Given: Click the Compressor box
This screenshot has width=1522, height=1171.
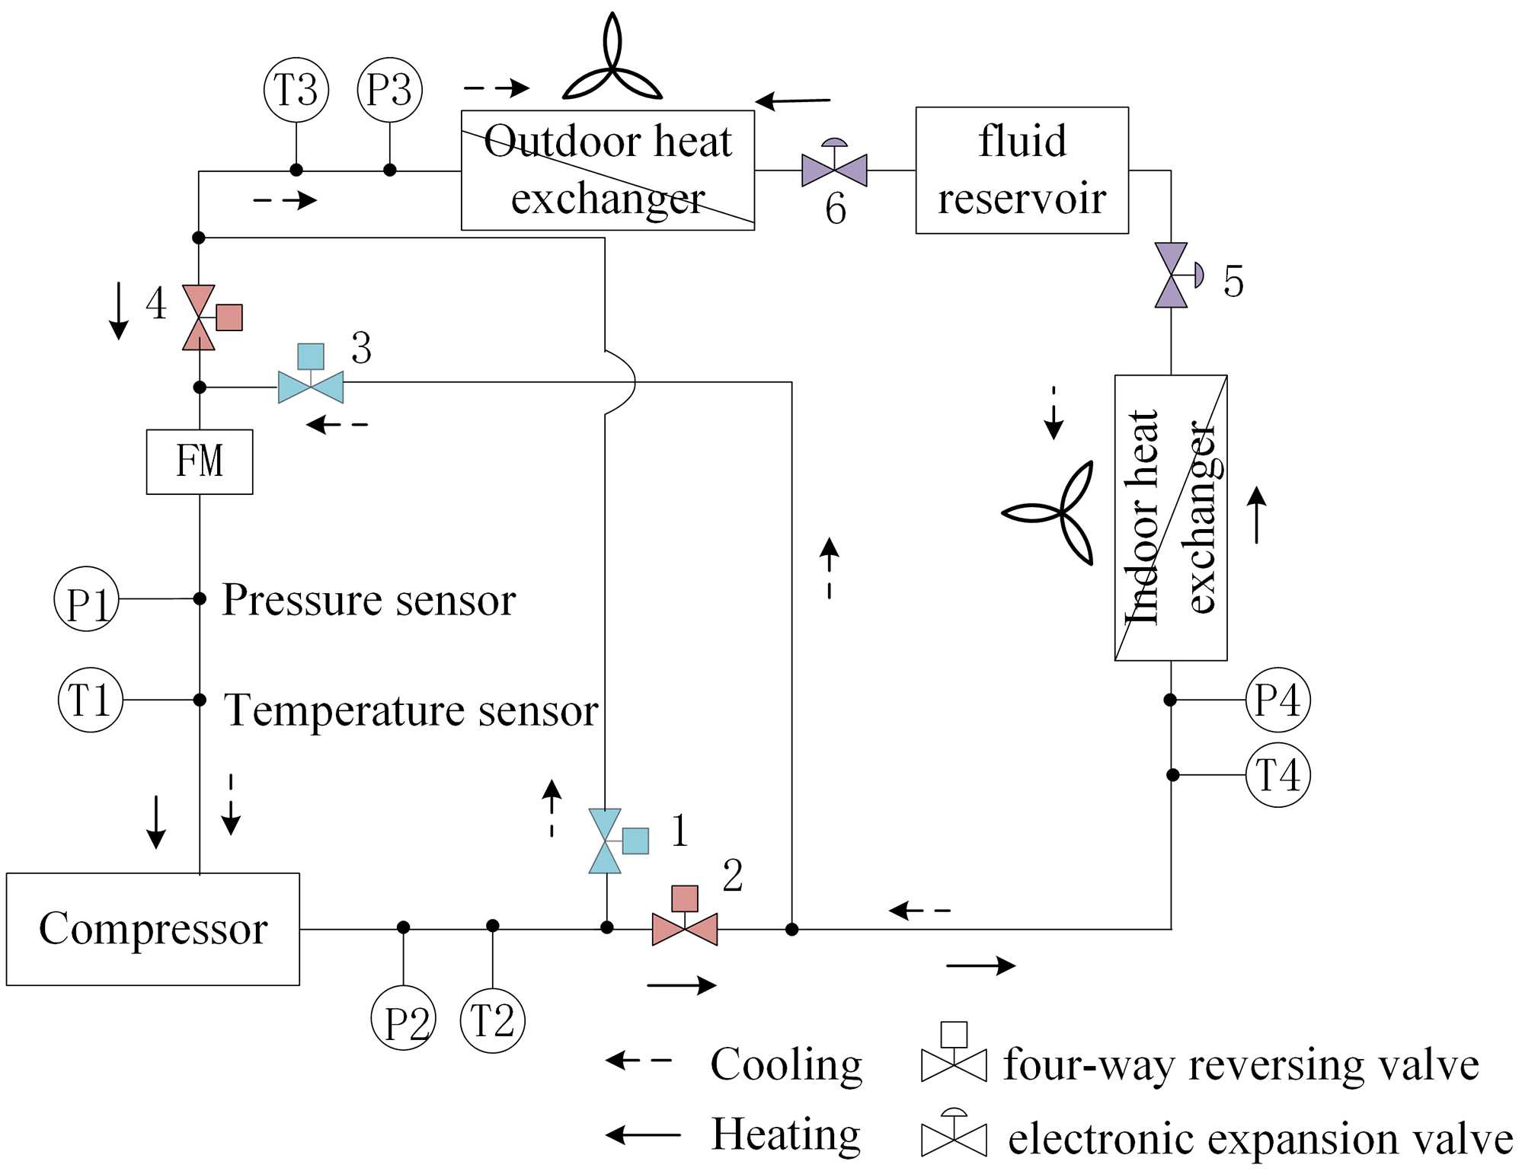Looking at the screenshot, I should pos(152,929).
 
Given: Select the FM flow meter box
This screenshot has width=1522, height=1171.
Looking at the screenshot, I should pos(200,461).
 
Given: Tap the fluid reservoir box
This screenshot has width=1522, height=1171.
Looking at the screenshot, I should pos(1022,170).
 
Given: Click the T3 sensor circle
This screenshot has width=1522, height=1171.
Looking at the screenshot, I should pos(296,90).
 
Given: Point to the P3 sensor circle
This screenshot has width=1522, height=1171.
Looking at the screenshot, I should pos(389,90).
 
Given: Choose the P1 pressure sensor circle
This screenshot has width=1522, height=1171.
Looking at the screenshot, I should pos(87,599).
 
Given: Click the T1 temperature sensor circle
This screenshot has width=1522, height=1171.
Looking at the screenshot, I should pos(91,700).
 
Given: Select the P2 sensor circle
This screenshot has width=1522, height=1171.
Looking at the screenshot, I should pos(403,1018).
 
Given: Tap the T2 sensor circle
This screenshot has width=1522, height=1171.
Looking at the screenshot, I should pos(493,1020).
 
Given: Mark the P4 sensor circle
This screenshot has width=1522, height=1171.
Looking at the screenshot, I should pos(1277,700).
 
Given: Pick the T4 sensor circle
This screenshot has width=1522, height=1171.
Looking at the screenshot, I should pos(1277,775).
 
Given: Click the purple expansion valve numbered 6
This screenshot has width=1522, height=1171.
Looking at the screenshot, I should pos(834,169).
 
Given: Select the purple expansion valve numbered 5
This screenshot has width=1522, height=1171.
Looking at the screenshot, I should pos(1172,275).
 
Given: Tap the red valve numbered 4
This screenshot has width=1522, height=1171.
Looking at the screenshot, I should pos(200,317).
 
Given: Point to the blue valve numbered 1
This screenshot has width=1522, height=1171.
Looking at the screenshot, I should pos(606,841).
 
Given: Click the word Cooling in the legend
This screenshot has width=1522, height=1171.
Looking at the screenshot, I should pos(785,1064).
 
